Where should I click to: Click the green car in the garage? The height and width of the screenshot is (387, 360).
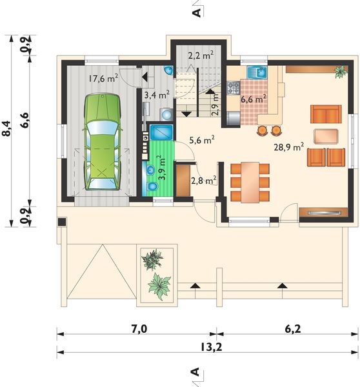103,142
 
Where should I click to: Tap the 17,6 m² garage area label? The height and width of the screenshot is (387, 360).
103,79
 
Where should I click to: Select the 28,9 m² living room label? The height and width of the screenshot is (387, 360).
288,147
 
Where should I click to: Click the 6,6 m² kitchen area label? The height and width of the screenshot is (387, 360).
254,99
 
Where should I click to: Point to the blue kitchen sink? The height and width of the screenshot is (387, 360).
257,72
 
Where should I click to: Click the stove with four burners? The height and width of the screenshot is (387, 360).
234,88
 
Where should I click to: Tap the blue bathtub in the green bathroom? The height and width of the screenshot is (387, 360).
161,132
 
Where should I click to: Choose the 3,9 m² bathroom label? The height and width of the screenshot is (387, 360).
162,168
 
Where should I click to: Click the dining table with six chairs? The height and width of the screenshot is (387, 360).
250,182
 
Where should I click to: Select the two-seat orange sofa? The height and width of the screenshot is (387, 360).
326,114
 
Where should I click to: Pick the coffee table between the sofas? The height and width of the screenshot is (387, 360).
326,136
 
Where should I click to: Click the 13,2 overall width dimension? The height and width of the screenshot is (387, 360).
211,348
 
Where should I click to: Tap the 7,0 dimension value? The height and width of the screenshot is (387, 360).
139,329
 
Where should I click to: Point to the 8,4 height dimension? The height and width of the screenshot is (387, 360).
6,128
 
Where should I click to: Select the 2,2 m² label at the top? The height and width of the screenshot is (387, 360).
201,55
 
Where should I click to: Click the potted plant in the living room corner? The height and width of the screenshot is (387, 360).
341,72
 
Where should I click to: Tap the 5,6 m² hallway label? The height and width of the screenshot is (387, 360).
202,140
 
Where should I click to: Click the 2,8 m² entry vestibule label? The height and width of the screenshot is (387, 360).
204,180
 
